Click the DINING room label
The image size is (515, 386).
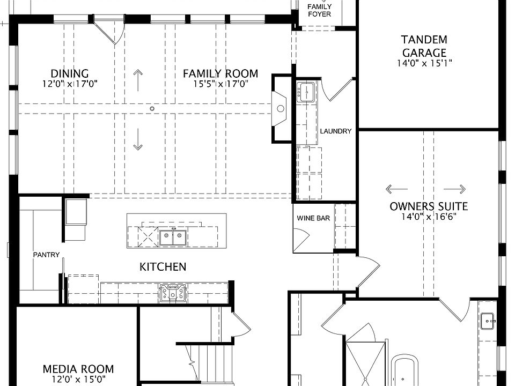coord(70,73)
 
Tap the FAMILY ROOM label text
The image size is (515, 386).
coord(220,73)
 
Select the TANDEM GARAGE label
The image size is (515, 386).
coord(424,46)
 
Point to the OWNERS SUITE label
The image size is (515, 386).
coord(429,206)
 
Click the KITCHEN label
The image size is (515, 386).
coord(163,267)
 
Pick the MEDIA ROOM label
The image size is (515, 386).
coord(78,369)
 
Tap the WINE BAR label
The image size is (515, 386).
coord(313,218)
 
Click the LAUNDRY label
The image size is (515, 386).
coord(336,131)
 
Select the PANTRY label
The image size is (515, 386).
coord(46,255)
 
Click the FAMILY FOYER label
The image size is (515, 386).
coord(320,11)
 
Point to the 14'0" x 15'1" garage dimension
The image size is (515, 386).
coord(424,63)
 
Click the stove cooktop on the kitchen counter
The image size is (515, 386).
coord(173,293)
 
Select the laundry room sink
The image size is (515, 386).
coord(306,92)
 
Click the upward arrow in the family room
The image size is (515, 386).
coord(138,80)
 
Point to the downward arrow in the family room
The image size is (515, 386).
coord(138,139)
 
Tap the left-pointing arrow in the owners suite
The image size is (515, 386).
coord(396,189)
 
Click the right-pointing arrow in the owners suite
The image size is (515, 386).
coord(454,189)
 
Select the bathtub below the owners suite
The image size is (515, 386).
coord(406,370)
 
